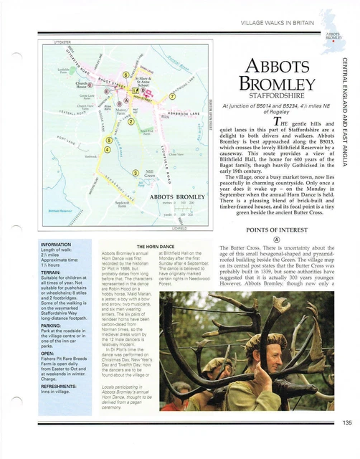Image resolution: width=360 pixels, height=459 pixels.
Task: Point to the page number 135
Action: (x=347, y=443)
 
